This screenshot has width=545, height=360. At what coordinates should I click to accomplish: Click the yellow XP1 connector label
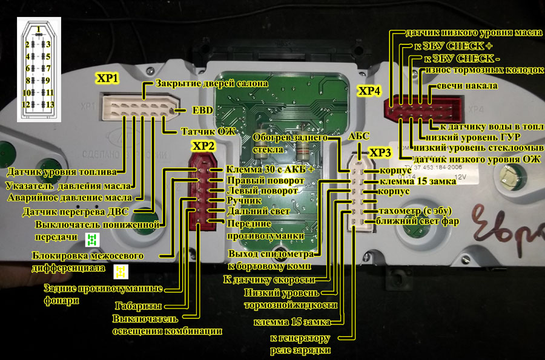point(108,79)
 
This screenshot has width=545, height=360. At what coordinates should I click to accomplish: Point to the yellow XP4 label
point(369,91)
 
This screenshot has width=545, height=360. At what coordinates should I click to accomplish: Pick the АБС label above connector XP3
point(359,137)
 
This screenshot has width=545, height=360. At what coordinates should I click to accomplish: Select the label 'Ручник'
point(243,200)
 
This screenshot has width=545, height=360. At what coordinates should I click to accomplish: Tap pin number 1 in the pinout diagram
point(38,29)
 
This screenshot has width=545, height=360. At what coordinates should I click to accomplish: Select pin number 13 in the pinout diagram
point(49,105)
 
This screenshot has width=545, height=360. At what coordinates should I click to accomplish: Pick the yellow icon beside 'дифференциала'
point(121,270)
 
